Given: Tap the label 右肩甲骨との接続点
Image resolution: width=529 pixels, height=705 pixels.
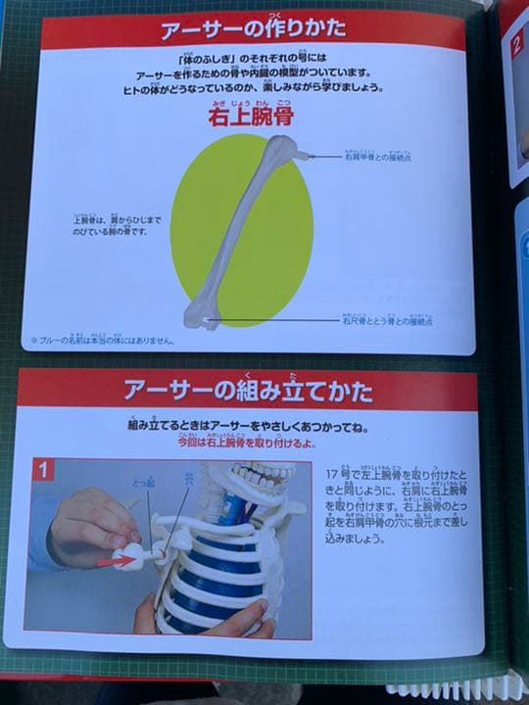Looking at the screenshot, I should (x=389, y=156).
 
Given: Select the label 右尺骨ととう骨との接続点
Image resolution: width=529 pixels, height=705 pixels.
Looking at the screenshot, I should (x=388, y=319).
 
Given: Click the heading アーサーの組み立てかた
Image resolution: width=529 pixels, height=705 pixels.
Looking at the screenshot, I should (x=248, y=392).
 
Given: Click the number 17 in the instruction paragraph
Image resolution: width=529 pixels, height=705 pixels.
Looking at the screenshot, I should (x=332, y=474).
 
